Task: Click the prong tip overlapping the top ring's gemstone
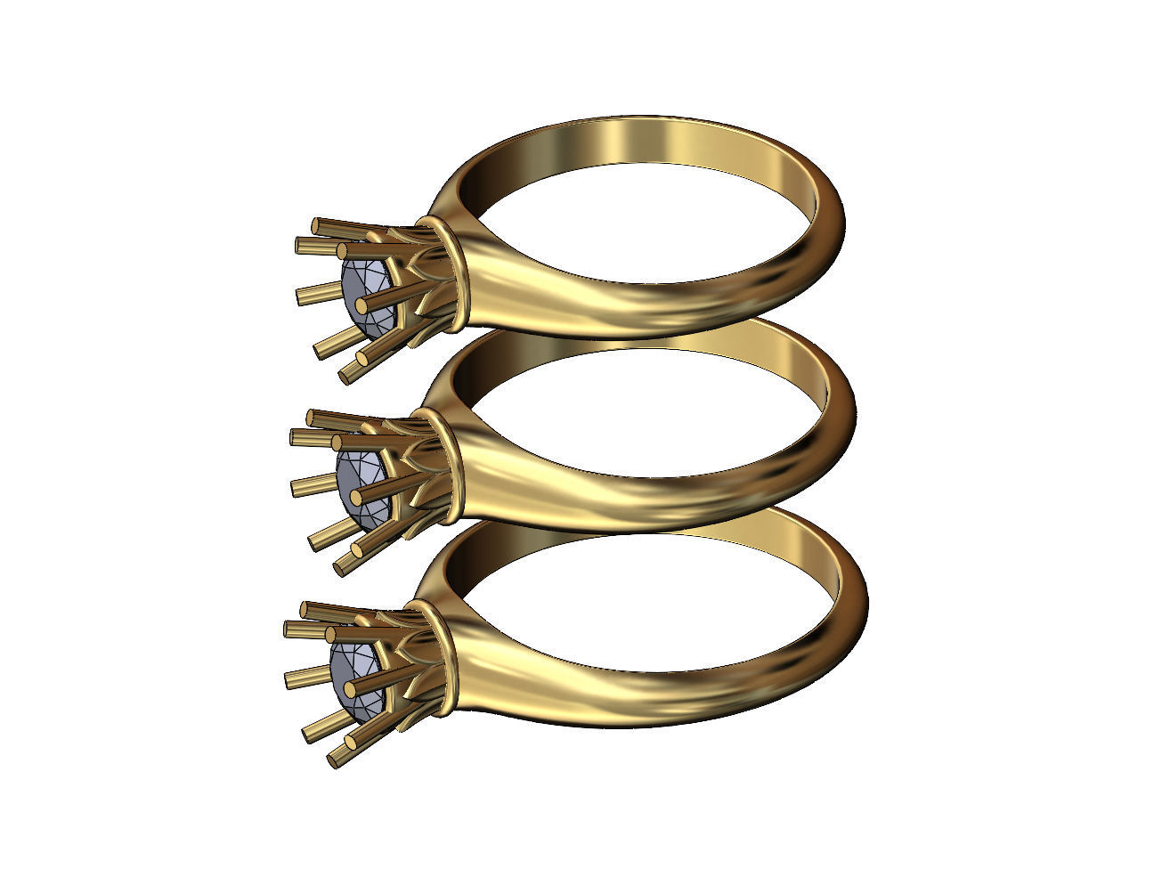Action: tap(362, 305)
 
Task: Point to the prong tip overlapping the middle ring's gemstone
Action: tap(356, 496)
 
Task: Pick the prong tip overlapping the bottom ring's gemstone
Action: tap(349, 687)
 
